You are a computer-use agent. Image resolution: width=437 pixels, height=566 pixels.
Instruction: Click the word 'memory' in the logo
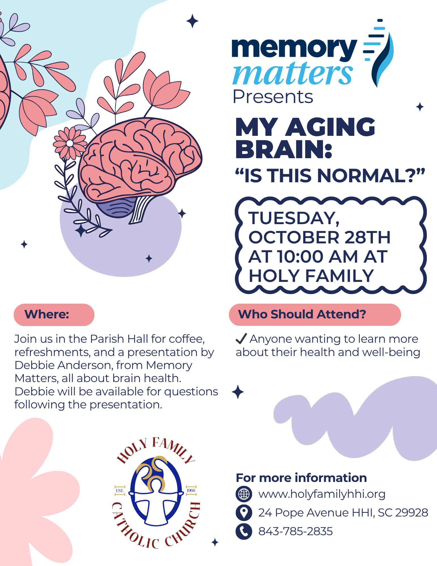coord(294,49)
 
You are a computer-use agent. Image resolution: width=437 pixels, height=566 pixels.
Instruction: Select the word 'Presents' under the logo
coord(273,97)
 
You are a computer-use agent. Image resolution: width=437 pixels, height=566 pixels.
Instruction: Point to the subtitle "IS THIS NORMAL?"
coord(330,175)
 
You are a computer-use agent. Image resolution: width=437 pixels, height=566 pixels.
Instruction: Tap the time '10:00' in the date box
coord(300,256)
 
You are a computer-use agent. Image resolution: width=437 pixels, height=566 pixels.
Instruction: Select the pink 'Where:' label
coord(54,315)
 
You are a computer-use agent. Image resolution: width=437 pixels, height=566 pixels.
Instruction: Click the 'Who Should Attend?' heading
coord(302,314)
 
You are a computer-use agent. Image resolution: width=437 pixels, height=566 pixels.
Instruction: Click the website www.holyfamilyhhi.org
coord(322,494)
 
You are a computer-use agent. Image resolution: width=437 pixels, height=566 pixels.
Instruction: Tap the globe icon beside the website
coord(244,494)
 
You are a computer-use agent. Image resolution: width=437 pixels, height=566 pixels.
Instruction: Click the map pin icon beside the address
coord(244,513)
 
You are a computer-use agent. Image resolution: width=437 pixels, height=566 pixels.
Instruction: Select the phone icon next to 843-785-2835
coord(244,531)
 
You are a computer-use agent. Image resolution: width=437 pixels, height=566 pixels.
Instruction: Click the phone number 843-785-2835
coord(296,531)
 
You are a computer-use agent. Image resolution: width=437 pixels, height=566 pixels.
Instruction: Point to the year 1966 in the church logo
coord(191,490)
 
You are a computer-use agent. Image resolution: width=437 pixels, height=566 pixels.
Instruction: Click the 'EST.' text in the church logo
coord(120,490)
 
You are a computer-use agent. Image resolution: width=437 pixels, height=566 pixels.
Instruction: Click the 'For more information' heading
coord(301,478)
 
